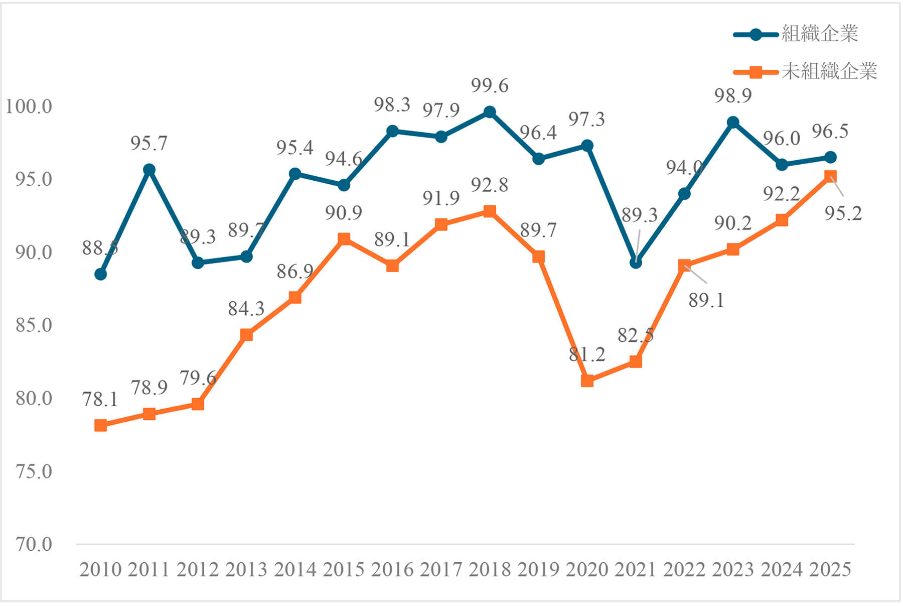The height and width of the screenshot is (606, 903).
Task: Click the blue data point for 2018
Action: click(x=490, y=112)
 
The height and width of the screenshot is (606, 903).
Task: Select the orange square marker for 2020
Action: click(x=587, y=381)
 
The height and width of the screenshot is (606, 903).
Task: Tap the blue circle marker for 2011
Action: click(x=149, y=170)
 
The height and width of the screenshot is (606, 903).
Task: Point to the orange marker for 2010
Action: click(x=100, y=425)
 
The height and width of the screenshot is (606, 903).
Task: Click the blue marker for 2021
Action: click(x=636, y=263)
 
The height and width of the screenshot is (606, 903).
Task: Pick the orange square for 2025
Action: click(x=830, y=176)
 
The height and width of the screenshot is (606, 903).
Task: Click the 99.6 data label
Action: click(x=490, y=86)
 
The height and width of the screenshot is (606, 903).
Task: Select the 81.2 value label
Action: click(x=587, y=354)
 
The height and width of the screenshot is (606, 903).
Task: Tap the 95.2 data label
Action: click(x=843, y=213)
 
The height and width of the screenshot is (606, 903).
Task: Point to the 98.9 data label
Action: click(x=733, y=95)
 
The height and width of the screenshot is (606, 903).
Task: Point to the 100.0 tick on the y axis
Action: click(x=29, y=106)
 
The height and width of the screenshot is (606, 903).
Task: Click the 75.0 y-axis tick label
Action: click(x=34, y=471)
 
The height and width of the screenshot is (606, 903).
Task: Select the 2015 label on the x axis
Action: click(x=344, y=570)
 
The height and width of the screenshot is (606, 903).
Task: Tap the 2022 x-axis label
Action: click(x=684, y=570)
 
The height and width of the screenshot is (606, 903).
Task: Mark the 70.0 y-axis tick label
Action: click(x=34, y=544)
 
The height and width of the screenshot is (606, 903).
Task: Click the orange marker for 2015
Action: click(x=344, y=238)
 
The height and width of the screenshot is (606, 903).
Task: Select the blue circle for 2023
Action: click(x=733, y=123)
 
